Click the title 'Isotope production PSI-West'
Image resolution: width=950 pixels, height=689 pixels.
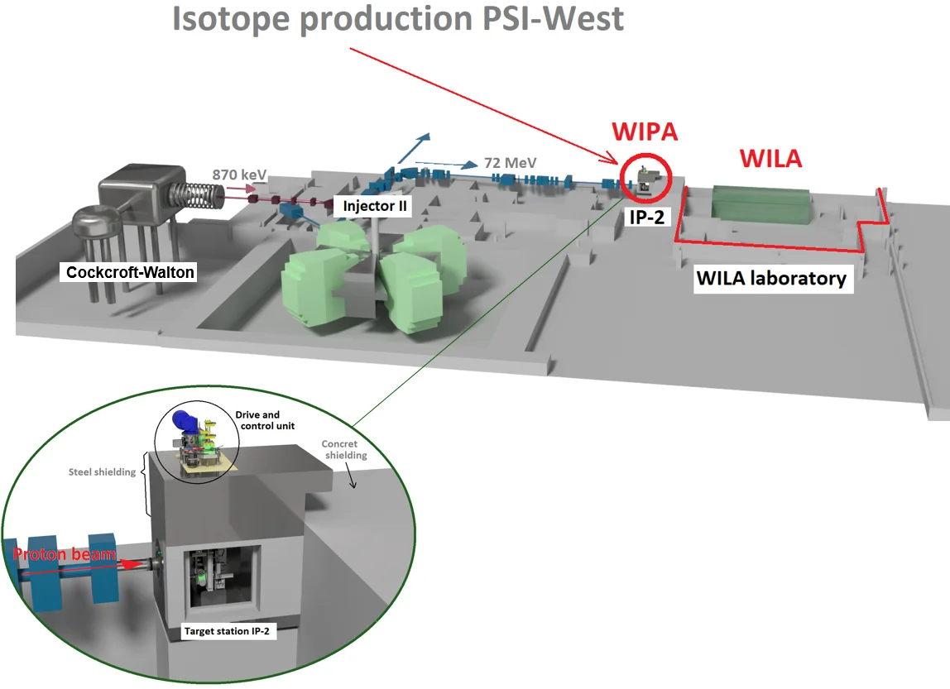click(397, 18)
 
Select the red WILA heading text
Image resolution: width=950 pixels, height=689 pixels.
click(770, 157)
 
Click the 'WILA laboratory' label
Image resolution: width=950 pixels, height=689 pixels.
click(771, 278)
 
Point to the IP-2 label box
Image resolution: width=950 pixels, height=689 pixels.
click(645, 218)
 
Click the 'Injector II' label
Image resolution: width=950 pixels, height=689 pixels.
click(377, 206)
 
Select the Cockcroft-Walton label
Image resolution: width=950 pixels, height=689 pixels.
click(131, 271)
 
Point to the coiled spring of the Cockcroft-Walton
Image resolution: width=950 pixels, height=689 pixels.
click(203, 197)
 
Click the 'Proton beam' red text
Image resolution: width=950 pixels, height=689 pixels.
click(65, 554)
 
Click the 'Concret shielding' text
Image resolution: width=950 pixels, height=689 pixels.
click(345, 450)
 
